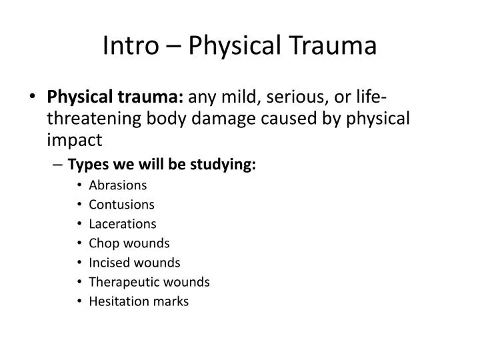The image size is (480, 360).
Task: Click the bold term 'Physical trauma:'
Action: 116,99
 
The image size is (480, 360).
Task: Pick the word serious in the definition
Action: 297,99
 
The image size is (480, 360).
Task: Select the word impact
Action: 74,140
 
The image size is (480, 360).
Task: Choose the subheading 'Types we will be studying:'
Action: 162,165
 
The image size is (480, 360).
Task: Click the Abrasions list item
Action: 117,185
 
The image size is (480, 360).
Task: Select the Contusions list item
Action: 121,204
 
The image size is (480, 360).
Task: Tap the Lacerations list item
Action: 122,223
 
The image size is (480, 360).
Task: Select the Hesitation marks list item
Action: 139,301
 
